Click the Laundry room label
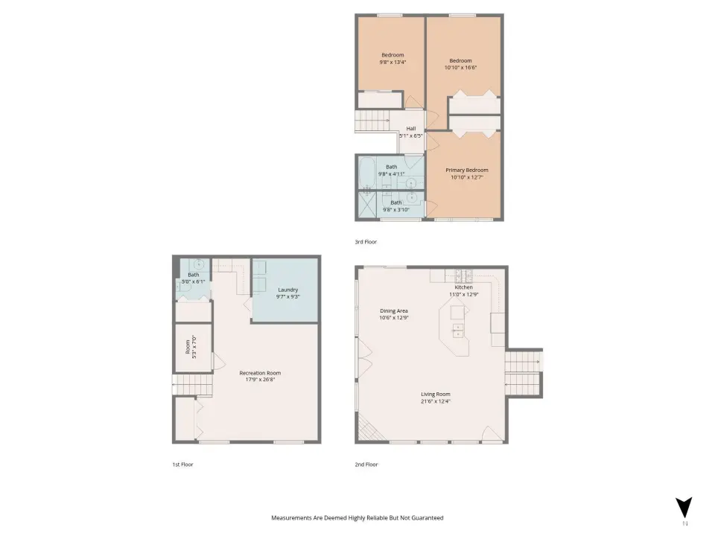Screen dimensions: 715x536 [x=288, y=290]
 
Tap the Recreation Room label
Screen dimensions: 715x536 [x=260, y=373]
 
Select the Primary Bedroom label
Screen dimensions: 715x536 [x=466, y=170]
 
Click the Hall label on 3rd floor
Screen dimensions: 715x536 [x=411, y=129]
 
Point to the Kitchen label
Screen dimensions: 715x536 [x=464, y=287]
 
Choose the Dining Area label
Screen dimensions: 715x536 [x=394, y=311]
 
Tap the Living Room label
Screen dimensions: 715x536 [x=436, y=395]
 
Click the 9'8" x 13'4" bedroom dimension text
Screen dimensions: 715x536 [x=393, y=62]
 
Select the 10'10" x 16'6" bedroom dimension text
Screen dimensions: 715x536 [x=460, y=68]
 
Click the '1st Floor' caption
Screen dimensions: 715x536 [x=183, y=465]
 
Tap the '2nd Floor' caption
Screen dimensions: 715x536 [x=366, y=465]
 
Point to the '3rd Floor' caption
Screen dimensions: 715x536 [x=366, y=242]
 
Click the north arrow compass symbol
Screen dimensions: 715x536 [x=684, y=508]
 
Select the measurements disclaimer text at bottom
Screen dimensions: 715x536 [x=357, y=518]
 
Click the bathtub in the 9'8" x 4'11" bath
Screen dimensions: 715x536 [x=366, y=173]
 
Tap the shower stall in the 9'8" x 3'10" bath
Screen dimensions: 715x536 [x=367, y=204]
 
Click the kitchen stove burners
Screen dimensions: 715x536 [x=464, y=275]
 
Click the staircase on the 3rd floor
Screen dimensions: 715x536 [x=372, y=121]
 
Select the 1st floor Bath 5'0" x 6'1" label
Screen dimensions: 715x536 [x=194, y=278]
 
